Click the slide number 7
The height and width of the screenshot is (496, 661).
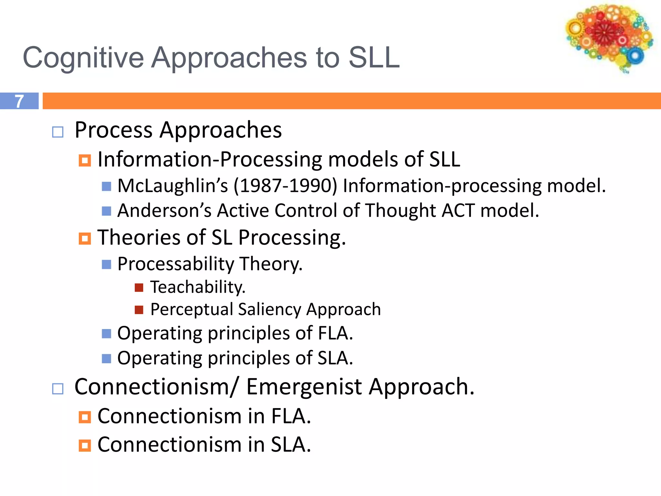pyautogui.click(x=19, y=101)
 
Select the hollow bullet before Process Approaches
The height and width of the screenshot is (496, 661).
pyautogui.click(x=58, y=132)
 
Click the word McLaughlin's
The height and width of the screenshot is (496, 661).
pyautogui.click(x=173, y=186)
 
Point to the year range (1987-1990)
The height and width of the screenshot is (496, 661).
pyautogui.click(x=285, y=186)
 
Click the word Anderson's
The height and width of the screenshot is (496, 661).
pyautogui.click(x=164, y=211)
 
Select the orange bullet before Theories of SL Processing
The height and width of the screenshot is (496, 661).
pyautogui.click(x=85, y=239)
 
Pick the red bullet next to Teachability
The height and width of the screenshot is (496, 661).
pyautogui.click(x=139, y=287)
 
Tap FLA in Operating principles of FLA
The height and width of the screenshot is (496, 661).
pyautogui.click(x=335, y=333)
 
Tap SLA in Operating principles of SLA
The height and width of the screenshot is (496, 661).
pyautogui.click(x=335, y=358)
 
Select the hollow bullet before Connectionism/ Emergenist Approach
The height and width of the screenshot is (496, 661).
pyautogui.click(x=58, y=388)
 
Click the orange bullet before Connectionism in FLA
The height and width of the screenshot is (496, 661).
pyautogui.click(x=85, y=417)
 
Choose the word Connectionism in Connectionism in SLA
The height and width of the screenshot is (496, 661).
pyautogui.click(x=169, y=445)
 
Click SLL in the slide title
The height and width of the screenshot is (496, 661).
pyautogui.click(x=374, y=58)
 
